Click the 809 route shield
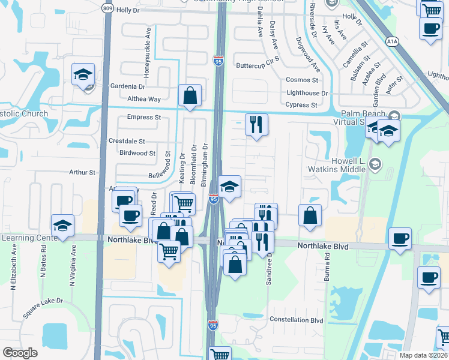[x=107, y=8]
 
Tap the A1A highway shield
[x=392, y=41]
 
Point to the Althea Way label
[x=144, y=99]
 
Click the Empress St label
[x=143, y=118]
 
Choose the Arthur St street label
[x=82, y=173]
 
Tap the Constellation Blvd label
[x=297, y=320]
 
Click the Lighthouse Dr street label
[x=307, y=93]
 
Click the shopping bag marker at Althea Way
[x=190, y=95]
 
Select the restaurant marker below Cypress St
[x=256, y=124]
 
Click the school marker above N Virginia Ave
[x=62, y=226]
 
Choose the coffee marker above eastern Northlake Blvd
[x=400, y=238]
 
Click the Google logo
[x=20, y=353]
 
